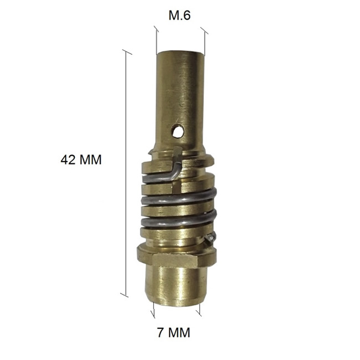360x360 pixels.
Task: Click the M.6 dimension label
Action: [179, 16]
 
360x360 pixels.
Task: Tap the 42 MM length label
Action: [81, 160]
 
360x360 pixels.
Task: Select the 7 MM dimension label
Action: [174, 332]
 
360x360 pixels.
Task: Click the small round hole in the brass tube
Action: [178, 131]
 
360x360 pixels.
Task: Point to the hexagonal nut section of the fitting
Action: [177, 256]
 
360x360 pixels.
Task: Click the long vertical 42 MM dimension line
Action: [125, 173]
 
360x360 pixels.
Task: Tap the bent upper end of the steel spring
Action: [176, 163]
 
